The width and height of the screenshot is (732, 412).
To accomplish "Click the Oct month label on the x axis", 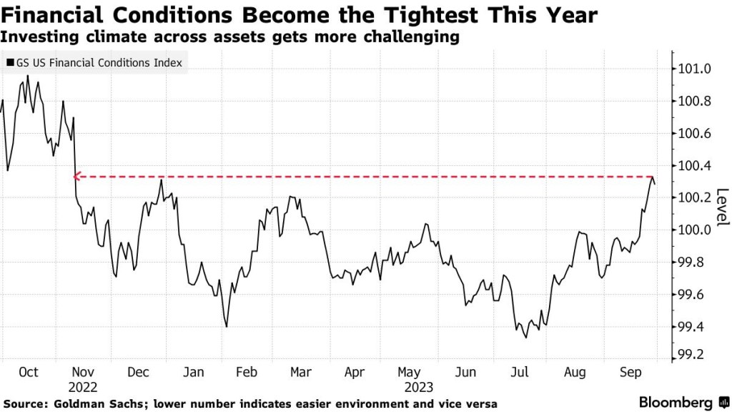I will [x=29, y=372].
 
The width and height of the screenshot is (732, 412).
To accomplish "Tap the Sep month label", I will [x=629, y=372].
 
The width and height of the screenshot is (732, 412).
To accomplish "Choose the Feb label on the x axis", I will [x=246, y=372].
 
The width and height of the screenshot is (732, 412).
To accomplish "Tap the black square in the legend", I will [x=10, y=63].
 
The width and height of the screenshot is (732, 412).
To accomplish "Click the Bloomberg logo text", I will [x=681, y=403].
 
